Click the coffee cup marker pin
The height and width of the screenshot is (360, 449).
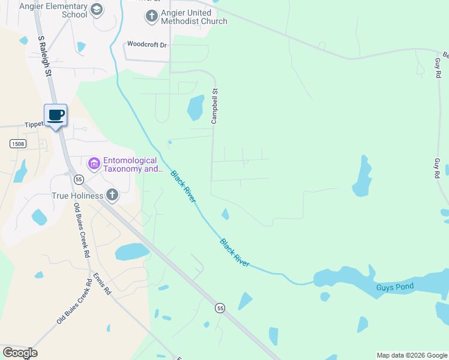[55, 115]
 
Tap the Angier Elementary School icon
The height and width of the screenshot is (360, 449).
[97, 10]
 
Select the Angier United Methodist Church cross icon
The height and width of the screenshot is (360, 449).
[152, 17]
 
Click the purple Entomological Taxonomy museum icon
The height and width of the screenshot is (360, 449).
[94, 163]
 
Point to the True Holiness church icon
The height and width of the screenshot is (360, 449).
[112, 194]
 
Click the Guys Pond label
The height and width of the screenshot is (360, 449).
[394, 287]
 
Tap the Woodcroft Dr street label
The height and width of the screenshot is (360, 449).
[146, 44]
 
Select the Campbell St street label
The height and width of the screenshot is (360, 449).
[214, 106]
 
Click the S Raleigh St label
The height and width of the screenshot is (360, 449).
[44, 55]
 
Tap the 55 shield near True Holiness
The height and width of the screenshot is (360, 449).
[78, 179]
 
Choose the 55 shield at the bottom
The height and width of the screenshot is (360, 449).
[220, 308]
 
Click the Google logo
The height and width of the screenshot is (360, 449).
[20, 353]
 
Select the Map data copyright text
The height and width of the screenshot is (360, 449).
[412, 355]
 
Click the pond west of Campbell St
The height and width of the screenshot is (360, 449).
[195, 108]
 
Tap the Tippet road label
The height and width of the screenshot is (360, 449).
[34, 125]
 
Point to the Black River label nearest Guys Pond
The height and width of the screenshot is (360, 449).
[235, 253]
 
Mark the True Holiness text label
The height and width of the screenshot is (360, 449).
[77, 196]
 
